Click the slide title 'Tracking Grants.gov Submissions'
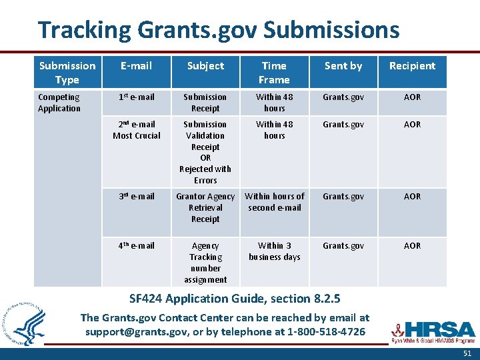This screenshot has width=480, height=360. tap(219, 30)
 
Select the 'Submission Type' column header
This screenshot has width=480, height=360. tap(67, 72)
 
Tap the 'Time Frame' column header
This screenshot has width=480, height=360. tap(274, 72)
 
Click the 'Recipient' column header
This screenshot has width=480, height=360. tap(412, 65)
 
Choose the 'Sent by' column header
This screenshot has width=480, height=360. tap(343, 65)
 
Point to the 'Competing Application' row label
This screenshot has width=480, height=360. tap(59, 103)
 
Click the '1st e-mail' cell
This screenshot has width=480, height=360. tap(137, 97)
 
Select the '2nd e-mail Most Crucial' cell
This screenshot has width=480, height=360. tap(137, 130)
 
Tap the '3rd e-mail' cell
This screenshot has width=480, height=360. tap(137, 197)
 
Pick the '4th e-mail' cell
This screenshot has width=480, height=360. tap(137, 246)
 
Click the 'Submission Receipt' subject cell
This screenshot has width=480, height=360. tap(205, 103)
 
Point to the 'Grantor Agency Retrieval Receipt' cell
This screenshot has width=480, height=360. tap(205, 207)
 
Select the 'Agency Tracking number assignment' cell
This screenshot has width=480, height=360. tap(205, 263)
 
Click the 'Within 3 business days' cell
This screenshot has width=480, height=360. tap(274, 251)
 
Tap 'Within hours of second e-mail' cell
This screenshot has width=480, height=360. tap(274, 202)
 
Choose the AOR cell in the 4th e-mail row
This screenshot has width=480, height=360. tap(412, 246)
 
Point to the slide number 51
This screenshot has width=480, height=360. tap(467, 353)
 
